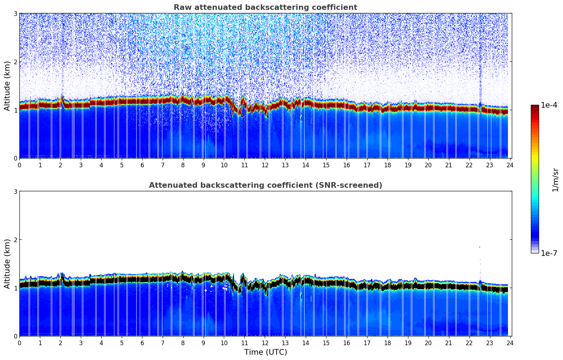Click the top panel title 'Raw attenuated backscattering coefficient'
tap(265, 7)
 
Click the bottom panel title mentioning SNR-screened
tap(265, 185)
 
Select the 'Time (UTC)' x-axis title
tap(265, 352)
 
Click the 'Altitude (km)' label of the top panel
tap(7, 86)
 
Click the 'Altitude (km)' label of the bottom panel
tap(7, 264)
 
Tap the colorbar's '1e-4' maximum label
tap(549, 105)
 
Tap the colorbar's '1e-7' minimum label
tap(549, 253)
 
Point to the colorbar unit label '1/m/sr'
tap(556, 180)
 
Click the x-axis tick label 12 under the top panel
tap(265, 165)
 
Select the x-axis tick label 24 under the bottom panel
tap(510, 343)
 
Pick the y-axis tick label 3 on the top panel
tap(16, 14)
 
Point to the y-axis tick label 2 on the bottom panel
tap(16, 240)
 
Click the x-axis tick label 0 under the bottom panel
tap(19, 343)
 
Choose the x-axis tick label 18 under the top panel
tap(388, 165)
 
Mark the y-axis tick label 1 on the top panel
tap(16, 110)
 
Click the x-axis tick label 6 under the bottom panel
tap(142, 343)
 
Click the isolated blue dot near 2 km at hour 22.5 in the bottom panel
tap(479, 247)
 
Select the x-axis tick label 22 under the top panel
tap(469, 165)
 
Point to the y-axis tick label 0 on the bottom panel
tap(16, 336)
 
